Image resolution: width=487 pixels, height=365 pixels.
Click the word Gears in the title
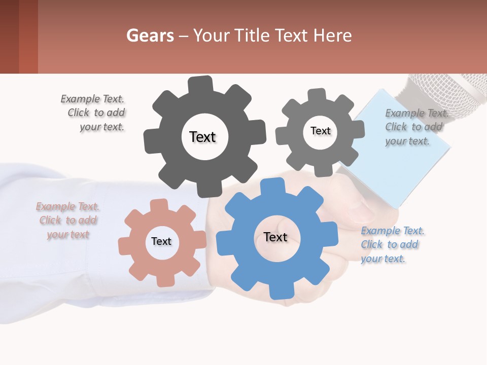pos(150,35)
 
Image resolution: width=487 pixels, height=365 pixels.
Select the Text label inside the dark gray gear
pos(202,137)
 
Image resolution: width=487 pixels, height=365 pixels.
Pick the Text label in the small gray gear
pos(320,131)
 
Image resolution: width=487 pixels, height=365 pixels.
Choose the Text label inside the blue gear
pos(275,237)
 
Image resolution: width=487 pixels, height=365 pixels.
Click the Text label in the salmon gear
pos(161,241)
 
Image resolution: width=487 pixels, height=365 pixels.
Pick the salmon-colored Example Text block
pos(67,221)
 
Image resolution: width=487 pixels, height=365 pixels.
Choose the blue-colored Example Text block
pos(391,245)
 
